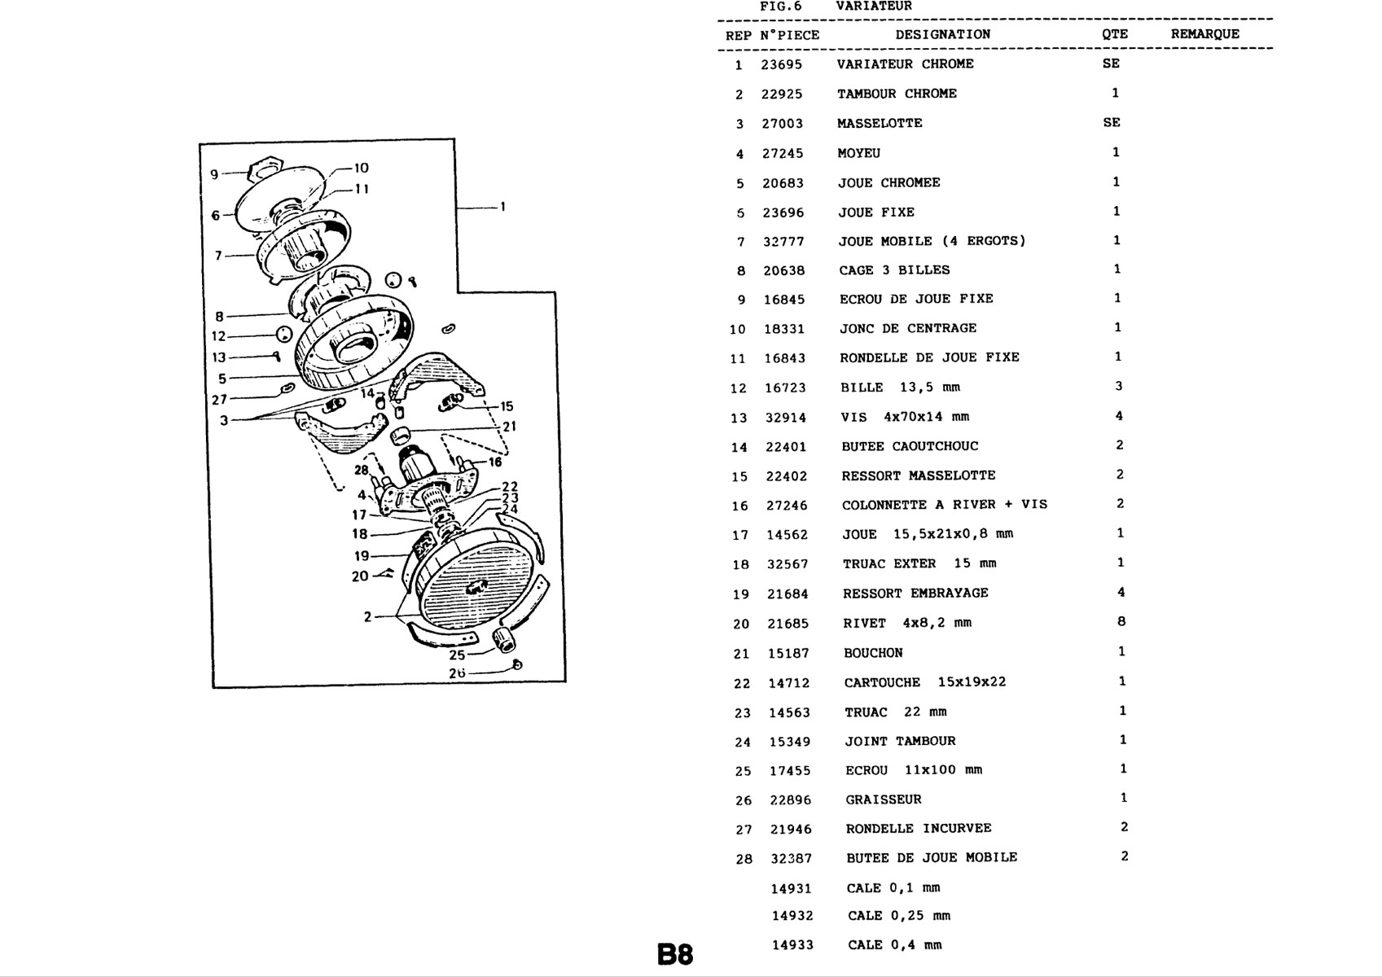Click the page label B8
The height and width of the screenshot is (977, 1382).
point(676,954)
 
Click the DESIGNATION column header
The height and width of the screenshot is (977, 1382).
point(943,34)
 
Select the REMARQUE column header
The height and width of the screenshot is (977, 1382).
point(1205,34)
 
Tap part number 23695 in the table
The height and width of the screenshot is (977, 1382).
point(782,65)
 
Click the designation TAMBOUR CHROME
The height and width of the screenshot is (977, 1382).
point(897,94)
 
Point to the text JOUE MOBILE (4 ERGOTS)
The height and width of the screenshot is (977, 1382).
point(932,241)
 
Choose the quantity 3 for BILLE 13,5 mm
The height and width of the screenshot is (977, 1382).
point(1119,386)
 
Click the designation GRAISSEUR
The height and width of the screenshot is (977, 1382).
point(884,800)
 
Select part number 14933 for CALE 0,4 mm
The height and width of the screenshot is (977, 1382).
point(793,945)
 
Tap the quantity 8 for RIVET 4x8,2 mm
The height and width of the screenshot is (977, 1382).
point(1121,622)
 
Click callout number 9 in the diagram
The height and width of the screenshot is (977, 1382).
point(214,174)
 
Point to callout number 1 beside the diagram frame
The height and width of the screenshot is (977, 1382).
point(502,207)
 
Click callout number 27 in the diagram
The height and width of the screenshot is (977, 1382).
point(219,400)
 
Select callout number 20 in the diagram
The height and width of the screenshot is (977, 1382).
point(360,576)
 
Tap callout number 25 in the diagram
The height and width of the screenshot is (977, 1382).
point(457,655)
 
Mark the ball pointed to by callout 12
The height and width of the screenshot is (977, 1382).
point(283,335)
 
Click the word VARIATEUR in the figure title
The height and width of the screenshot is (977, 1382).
point(874,7)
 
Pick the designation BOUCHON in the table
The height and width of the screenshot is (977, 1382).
point(873,653)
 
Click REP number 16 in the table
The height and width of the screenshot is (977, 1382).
point(739,506)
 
